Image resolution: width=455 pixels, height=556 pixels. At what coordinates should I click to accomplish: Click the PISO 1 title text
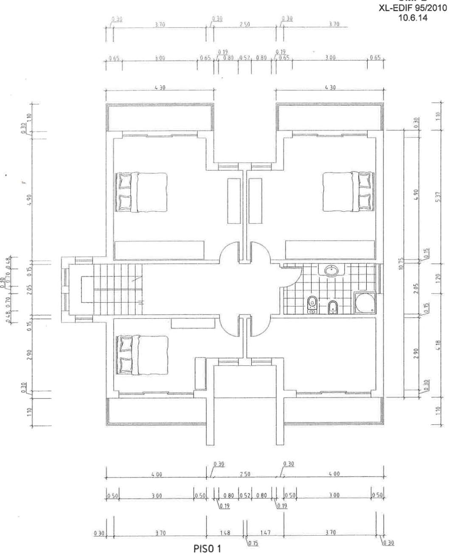point(207,549)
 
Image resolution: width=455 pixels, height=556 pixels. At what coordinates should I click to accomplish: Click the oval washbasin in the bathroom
point(331,270)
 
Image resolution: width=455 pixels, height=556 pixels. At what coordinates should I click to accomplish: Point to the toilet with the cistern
point(312,303)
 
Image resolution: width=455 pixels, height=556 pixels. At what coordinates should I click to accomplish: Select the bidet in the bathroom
point(333,306)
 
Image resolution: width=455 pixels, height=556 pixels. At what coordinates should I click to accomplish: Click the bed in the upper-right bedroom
point(348,191)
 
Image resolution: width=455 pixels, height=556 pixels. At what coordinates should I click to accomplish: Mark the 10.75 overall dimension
point(407,264)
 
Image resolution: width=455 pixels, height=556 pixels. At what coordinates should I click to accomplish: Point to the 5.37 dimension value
point(438,197)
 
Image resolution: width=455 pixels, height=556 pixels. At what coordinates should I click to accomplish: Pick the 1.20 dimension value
point(438,278)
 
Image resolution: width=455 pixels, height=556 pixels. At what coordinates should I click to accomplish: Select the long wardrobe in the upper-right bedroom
point(330,250)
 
